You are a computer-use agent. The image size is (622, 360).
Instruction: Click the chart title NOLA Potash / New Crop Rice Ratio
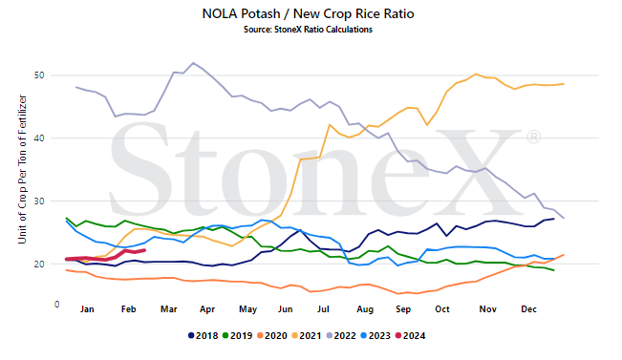[309, 14]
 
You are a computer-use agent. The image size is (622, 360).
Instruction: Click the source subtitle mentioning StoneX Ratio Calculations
[309, 30]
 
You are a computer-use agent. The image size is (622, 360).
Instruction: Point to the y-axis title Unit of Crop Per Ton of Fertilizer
[22, 169]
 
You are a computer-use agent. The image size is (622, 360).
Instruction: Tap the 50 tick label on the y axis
[39, 75]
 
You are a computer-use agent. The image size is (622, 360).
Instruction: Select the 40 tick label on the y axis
[39, 138]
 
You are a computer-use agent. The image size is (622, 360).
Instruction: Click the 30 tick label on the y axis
[39, 201]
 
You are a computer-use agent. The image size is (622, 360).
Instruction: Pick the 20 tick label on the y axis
[39, 265]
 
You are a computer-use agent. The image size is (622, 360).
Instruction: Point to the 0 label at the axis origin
[57, 305]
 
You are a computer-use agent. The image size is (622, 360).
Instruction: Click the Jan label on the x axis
[87, 309]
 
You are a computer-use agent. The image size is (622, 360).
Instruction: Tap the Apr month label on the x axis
[207, 309]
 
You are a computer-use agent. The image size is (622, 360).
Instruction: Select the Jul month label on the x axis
[323, 309]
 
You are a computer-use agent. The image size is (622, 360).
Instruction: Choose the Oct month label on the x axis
[442, 309]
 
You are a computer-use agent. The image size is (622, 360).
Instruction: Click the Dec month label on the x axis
[528, 309]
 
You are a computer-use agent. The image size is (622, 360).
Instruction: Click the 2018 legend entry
[204, 336]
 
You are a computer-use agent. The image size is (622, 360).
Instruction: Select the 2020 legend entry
[272, 336]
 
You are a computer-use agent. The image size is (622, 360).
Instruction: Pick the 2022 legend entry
[341, 336]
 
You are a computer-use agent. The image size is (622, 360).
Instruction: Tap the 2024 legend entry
[411, 336]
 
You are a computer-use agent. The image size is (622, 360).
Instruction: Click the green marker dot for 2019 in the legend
[225, 336]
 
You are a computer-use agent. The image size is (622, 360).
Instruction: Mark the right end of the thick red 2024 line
[144, 250]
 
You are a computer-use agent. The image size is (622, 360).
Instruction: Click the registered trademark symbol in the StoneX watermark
[533, 138]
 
